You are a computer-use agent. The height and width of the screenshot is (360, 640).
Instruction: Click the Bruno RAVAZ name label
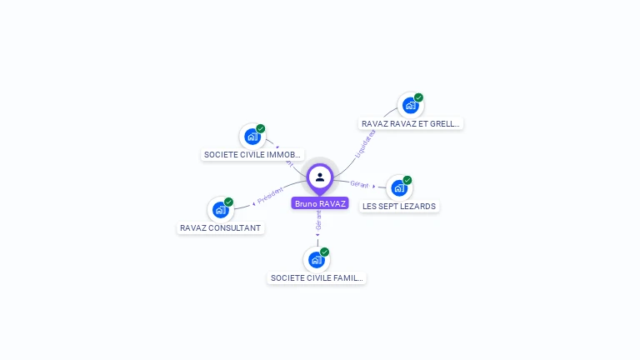[x=320, y=203]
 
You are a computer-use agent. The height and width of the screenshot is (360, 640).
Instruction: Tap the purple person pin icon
[x=320, y=177]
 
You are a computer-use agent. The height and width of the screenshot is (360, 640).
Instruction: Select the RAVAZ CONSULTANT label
[x=221, y=227]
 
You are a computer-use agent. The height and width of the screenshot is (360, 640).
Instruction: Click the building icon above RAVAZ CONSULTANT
[x=221, y=210]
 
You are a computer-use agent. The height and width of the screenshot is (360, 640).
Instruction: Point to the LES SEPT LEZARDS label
[x=399, y=206]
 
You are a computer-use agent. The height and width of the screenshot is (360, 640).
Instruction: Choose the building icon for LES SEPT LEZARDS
[x=399, y=188]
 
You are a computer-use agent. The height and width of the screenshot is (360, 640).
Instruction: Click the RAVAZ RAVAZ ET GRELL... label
[x=411, y=123]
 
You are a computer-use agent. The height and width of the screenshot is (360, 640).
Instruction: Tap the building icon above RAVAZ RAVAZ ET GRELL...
[x=410, y=106]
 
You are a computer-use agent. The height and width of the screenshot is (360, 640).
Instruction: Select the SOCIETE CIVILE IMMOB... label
[x=252, y=154]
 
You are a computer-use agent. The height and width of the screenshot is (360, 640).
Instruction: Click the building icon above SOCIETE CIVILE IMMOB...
[x=252, y=137]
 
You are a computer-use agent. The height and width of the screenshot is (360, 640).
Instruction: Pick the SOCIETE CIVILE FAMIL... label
[x=317, y=277]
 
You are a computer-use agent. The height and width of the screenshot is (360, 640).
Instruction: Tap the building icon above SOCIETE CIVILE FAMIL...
[x=317, y=260]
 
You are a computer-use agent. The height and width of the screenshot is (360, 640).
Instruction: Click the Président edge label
[x=271, y=197]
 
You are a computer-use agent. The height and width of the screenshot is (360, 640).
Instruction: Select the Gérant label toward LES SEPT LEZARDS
[x=359, y=183]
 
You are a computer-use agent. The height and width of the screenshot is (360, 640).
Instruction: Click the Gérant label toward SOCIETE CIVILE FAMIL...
[x=319, y=220]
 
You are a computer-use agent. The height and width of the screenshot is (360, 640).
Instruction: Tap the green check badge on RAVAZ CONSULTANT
[x=228, y=202]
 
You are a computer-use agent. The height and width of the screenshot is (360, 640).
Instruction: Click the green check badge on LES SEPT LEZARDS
[x=407, y=180]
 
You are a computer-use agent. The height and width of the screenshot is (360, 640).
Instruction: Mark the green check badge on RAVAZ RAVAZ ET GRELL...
[x=418, y=97]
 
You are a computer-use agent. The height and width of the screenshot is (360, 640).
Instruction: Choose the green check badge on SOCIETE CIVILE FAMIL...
[x=325, y=252]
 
